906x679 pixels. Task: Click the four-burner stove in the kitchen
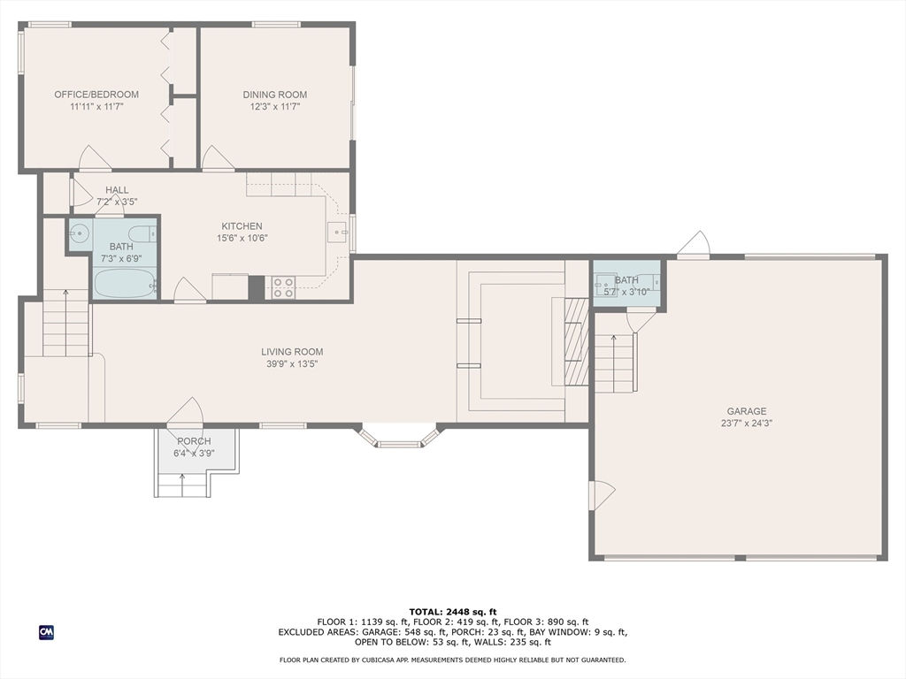[283, 286]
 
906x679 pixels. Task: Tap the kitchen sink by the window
[336, 232]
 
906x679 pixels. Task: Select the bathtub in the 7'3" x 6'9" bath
[124, 283]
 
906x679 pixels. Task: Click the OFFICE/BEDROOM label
[96, 95]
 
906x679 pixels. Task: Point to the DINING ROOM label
[275, 95]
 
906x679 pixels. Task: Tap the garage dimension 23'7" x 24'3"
[747, 423]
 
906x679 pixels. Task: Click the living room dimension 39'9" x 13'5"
[292, 363]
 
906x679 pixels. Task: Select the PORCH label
[194, 441]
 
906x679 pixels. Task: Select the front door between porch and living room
[186, 412]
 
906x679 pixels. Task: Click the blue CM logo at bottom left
[46, 632]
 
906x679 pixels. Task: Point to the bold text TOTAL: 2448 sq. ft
[453, 612]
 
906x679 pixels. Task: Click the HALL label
[117, 190]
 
